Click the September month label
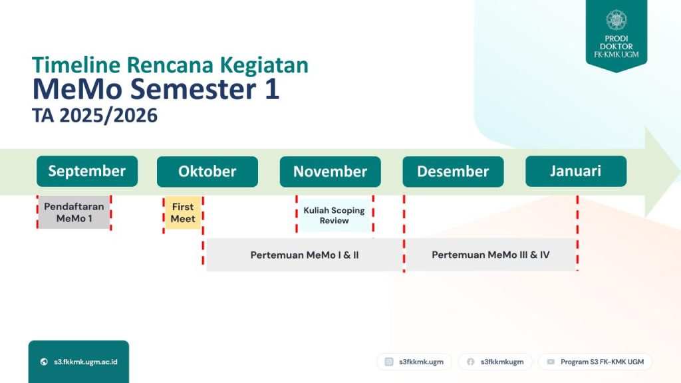pyautogui.click(x=87, y=171)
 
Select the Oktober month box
pyautogui.click(x=207, y=172)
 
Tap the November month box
pyautogui.click(x=330, y=172)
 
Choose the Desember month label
pyautogui.click(x=453, y=172)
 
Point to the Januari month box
pyautogui.click(x=576, y=171)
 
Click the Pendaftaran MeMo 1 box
pyautogui.click(x=74, y=212)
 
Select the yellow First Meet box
pyautogui.click(x=183, y=213)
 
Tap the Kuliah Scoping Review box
pyautogui.click(x=335, y=215)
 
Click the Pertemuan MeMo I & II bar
pyautogui.click(x=305, y=255)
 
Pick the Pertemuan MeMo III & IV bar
pyautogui.click(x=491, y=255)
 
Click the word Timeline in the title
pyautogui.click(x=76, y=65)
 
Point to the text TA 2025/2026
pyautogui.click(x=94, y=116)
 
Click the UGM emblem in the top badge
pyautogui.click(x=616, y=21)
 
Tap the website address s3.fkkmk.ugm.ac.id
pyautogui.click(x=86, y=362)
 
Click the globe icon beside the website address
pyautogui.click(x=44, y=362)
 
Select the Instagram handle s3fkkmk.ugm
pyautogui.click(x=421, y=362)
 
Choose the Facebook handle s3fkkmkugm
pyautogui.click(x=502, y=362)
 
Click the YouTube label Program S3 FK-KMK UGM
pyautogui.click(x=602, y=362)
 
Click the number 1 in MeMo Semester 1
pyautogui.click(x=272, y=89)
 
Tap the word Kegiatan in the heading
pyautogui.click(x=264, y=66)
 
